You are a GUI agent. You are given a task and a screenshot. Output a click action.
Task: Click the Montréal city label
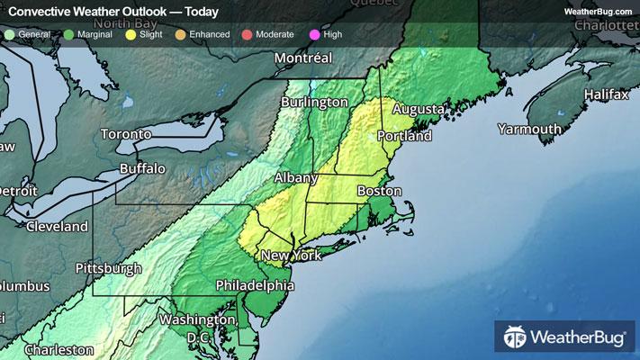(x=303, y=58)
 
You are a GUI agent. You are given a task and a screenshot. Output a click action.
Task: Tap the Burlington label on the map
(x=313, y=103)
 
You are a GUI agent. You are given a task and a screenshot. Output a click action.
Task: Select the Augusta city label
(x=418, y=109)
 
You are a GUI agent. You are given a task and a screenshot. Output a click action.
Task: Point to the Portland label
(x=405, y=136)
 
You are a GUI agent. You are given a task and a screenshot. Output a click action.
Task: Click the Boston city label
(x=378, y=192)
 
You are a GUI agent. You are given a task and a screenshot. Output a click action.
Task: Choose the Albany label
(x=295, y=178)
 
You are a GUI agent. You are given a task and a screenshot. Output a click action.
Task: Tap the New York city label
(x=291, y=256)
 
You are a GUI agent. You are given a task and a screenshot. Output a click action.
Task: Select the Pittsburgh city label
(x=108, y=268)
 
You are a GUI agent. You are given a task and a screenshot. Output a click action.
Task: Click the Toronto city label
(x=125, y=134)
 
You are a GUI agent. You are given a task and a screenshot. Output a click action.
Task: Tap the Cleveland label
(x=58, y=226)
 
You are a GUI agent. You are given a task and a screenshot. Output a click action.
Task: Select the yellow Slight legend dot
(x=131, y=33)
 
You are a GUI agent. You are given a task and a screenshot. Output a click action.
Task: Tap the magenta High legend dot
(x=313, y=33)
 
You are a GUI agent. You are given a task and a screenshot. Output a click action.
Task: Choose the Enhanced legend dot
(x=180, y=33)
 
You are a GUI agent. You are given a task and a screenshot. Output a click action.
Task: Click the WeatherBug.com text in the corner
(x=598, y=11)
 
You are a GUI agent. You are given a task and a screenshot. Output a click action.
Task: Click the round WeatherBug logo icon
(x=516, y=338)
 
